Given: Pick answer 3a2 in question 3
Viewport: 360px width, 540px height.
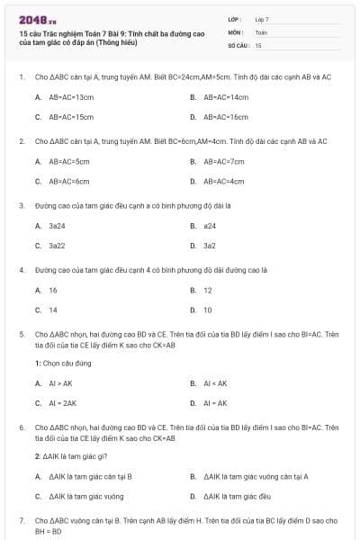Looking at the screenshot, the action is pos(209,245).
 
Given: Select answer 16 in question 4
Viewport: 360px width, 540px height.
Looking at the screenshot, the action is pos(53,290).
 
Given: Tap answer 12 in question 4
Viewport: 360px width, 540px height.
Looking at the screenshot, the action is pos(208,290).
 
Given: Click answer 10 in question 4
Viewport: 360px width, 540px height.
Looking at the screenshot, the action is pos(208,310).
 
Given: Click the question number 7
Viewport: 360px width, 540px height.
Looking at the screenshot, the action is pos(21,520).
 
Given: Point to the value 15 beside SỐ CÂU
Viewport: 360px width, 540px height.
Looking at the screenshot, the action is pos(258,44).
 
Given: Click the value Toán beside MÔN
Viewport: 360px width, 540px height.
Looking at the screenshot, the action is pos(261,31).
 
